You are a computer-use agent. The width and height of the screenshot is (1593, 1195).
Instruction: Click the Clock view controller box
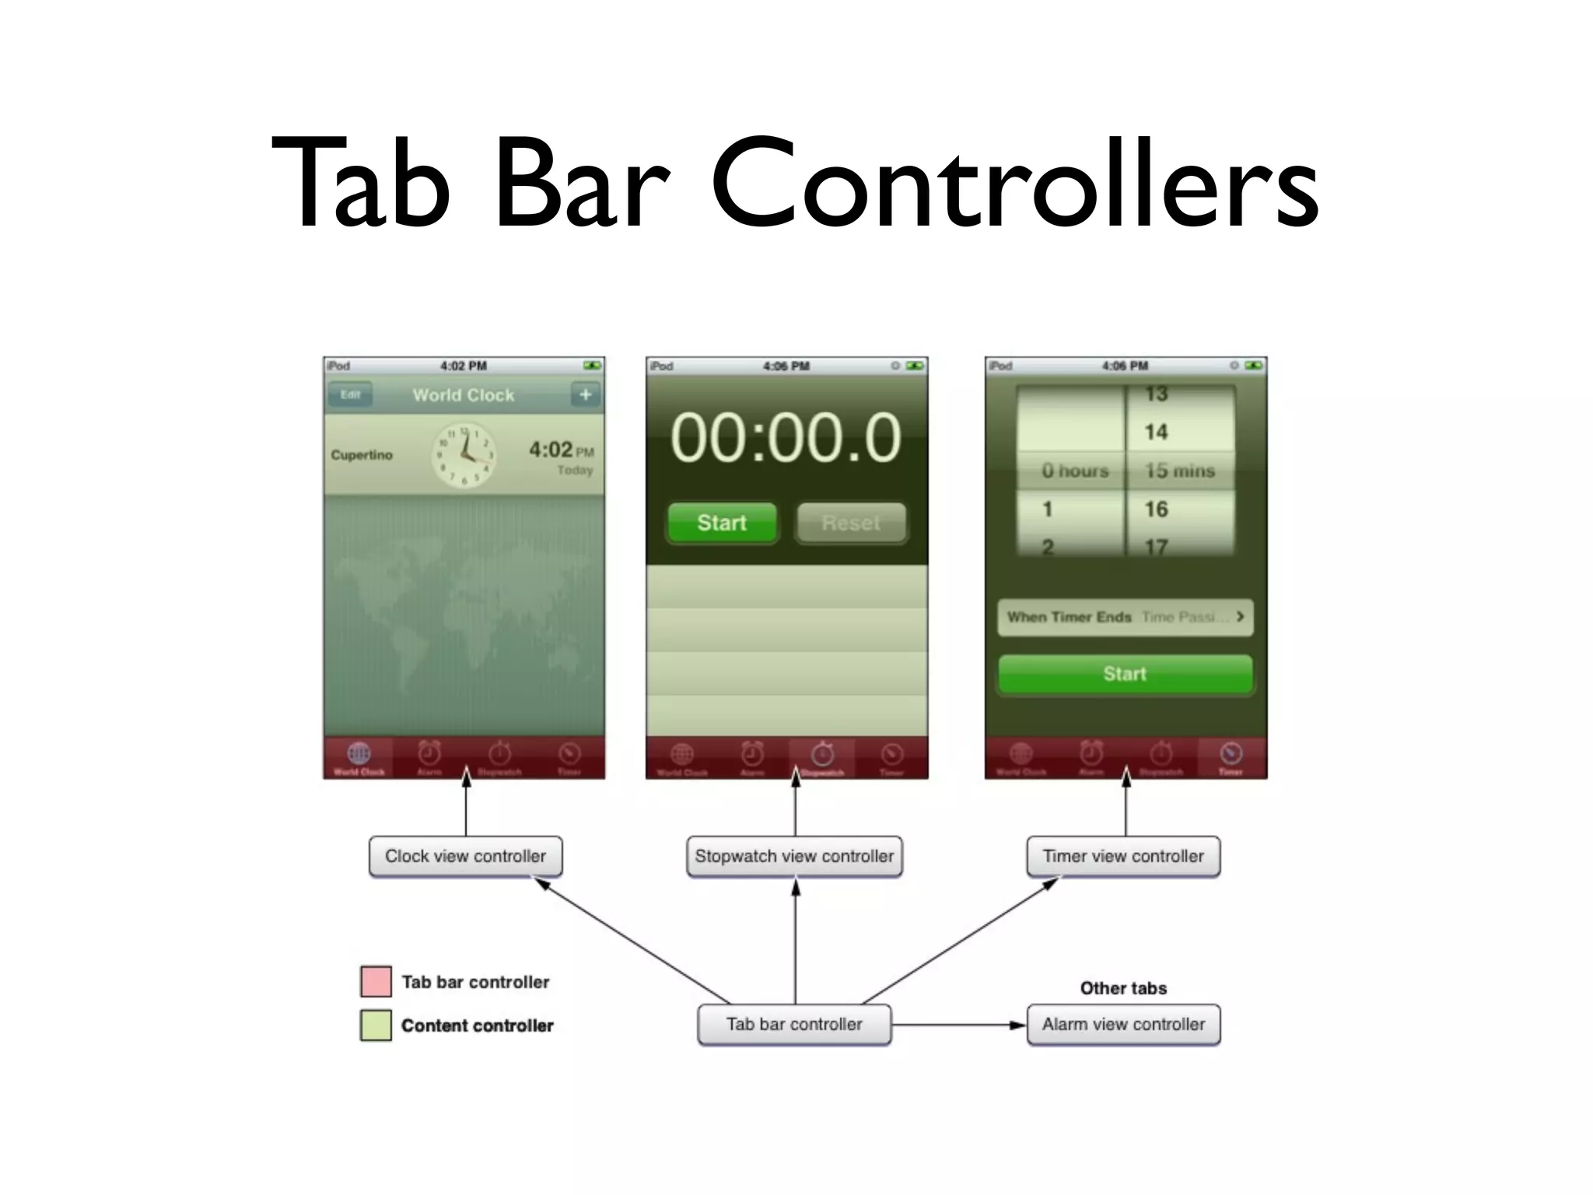click(465, 857)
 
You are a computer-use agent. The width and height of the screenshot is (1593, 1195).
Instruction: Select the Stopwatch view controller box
click(794, 857)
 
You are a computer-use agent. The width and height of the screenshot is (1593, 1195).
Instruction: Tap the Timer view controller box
click(1123, 857)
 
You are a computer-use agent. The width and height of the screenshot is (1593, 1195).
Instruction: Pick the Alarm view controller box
click(1123, 1025)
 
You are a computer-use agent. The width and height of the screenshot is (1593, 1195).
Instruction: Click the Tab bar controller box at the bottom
click(794, 1025)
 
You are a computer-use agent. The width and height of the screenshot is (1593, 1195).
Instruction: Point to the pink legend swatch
click(376, 982)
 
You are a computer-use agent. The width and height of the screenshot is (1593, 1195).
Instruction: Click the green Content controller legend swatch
click(376, 1025)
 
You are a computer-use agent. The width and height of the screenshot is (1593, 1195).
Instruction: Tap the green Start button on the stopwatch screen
click(722, 523)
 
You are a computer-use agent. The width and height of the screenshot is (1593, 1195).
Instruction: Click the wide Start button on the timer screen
click(1125, 674)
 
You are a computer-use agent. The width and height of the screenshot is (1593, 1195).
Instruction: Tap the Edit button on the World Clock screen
click(350, 394)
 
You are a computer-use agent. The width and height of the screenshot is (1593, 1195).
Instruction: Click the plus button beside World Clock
click(586, 394)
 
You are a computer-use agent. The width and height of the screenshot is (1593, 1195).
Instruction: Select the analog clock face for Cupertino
click(464, 455)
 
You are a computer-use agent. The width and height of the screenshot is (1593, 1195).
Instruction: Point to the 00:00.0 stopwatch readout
click(786, 437)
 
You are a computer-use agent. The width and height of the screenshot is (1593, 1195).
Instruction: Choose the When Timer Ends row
click(1125, 617)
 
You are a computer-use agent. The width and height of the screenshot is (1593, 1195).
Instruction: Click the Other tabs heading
click(1123, 988)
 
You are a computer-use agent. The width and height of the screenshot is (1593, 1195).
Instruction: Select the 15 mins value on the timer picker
click(1179, 471)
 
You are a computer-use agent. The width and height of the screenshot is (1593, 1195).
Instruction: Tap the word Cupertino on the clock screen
click(362, 455)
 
